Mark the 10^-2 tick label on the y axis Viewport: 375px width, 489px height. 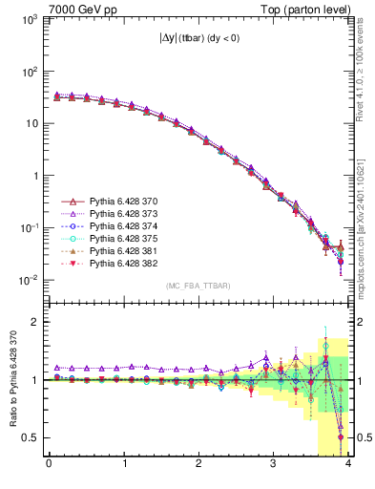coord(29,280)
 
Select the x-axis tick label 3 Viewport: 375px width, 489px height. coord(273,466)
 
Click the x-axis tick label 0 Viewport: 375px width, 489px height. coord(49,466)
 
